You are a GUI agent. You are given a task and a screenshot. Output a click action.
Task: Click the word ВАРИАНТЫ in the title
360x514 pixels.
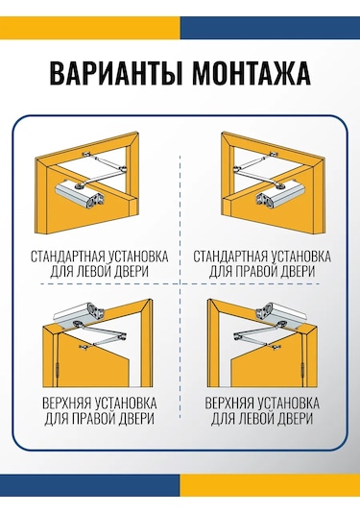115,73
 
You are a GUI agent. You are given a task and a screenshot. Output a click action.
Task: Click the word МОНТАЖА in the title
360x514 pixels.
251,73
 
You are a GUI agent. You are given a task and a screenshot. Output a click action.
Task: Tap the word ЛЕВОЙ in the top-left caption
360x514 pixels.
93,272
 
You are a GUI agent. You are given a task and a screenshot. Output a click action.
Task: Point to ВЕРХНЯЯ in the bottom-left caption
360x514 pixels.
67,404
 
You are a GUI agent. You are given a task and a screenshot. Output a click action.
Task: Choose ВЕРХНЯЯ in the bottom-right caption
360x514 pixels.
229,404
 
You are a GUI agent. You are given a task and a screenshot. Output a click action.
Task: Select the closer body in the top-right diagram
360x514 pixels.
280,195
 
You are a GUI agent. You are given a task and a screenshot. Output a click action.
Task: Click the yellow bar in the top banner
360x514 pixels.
89,28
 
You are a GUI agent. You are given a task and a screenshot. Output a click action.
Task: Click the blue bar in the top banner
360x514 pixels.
270,28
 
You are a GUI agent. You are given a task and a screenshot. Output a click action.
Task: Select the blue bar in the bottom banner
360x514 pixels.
89,485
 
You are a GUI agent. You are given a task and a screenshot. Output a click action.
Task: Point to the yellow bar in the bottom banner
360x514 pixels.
270,485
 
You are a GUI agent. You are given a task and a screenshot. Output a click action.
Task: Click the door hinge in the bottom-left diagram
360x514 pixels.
58,370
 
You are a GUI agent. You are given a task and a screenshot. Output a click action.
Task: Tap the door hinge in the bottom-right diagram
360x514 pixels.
303,370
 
